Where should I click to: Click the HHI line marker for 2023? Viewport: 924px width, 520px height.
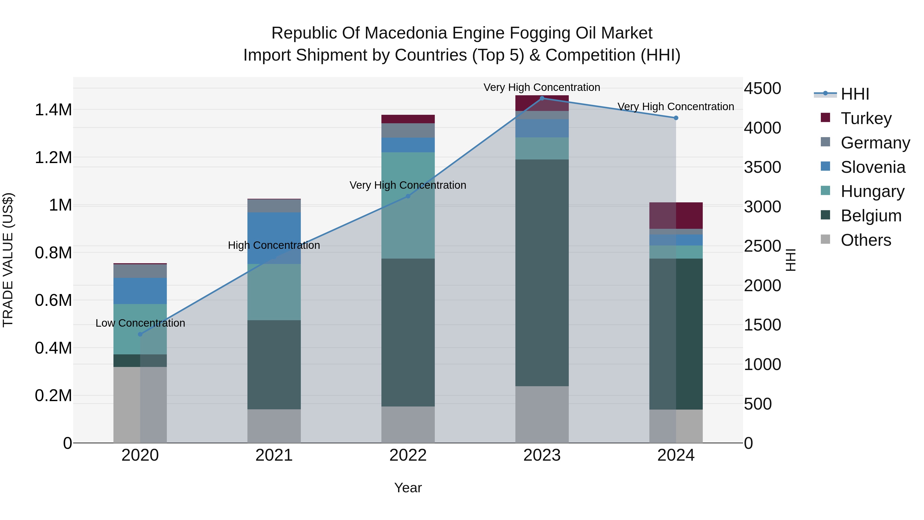[542, 98]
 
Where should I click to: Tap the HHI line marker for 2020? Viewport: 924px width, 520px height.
[140, 334]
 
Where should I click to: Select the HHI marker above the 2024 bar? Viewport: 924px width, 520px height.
[676, 118]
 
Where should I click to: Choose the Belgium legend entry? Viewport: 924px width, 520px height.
[871, 216]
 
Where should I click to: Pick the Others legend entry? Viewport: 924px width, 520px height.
[865, 240]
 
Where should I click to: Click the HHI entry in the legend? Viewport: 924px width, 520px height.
[855, 94]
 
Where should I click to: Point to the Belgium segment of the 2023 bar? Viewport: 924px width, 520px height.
[542, 273]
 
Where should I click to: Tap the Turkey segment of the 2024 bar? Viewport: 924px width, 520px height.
[676, 215]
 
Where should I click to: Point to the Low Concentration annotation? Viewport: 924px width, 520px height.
[140, 323]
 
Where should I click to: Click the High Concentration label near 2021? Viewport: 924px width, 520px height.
[274, 245]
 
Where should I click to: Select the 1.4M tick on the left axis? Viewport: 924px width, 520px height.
[53, 110]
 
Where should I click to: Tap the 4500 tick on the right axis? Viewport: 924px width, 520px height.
[762, 89]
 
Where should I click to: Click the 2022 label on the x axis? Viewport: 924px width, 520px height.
[408, 455]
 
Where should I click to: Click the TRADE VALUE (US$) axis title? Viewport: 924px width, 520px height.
[8, 260]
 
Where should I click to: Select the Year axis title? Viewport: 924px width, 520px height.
[408, 488]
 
